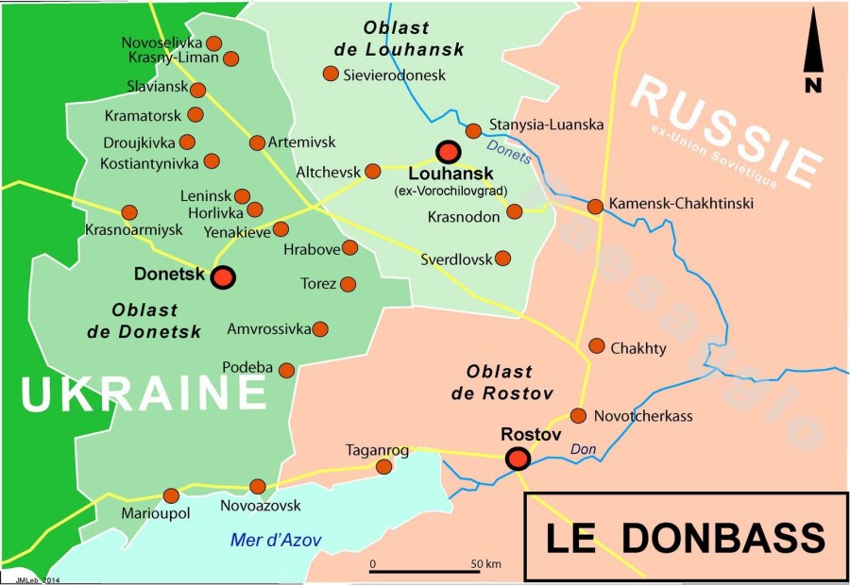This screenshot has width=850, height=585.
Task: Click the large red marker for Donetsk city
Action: click(x=223, y=277)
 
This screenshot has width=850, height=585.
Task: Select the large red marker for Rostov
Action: click(x=518, y=459)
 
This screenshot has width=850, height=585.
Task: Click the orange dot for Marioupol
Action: click(x=171, y=495)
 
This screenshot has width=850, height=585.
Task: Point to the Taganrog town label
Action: click(x=377, y=450)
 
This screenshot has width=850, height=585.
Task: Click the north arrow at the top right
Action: click(x=811, y=61)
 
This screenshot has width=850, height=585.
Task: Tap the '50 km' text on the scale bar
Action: click(x=484, y=564)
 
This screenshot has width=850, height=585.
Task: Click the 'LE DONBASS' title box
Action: click(x=685, y=537)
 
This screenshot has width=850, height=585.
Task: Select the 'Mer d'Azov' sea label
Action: click(x=276, y=541)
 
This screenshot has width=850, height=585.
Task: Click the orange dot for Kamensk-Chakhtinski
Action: click(x=595, y=207)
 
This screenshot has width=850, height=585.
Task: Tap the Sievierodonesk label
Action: click(x=395, y=75)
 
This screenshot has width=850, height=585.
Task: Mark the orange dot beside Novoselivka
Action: click(x=214, y=42)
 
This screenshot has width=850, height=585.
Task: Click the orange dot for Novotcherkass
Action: click(x=579, y=415)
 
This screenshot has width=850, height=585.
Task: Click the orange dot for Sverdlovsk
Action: click(x=503, y=258)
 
